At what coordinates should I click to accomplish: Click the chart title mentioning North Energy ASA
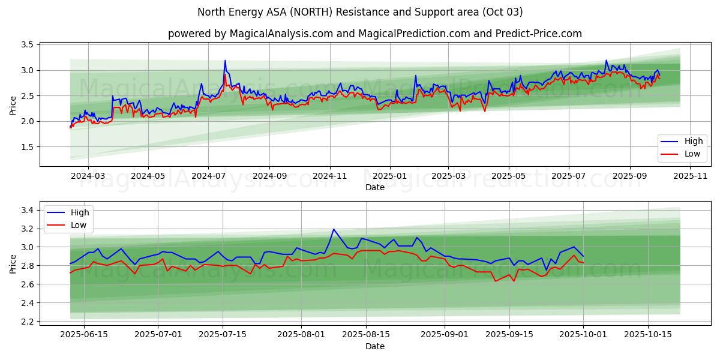coord(359,12)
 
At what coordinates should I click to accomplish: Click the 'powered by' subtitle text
coord(374,34)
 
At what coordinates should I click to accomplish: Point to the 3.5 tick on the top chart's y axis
coord(26,45)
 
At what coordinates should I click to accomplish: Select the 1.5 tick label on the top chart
coord(26,147)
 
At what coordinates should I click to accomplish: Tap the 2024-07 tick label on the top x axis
coord(208,176)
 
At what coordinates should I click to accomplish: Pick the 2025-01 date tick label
coord(389,176)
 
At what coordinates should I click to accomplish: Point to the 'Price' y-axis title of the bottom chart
coord(13,263)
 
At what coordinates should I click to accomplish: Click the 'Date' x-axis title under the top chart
coord(374,187)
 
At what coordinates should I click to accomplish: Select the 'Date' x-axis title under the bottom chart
coord(374,346)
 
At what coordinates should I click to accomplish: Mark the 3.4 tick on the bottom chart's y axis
coord(26,210)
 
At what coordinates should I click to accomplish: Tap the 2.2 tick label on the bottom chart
coord(26,322)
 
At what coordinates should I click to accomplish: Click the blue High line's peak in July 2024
coord(225,61)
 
